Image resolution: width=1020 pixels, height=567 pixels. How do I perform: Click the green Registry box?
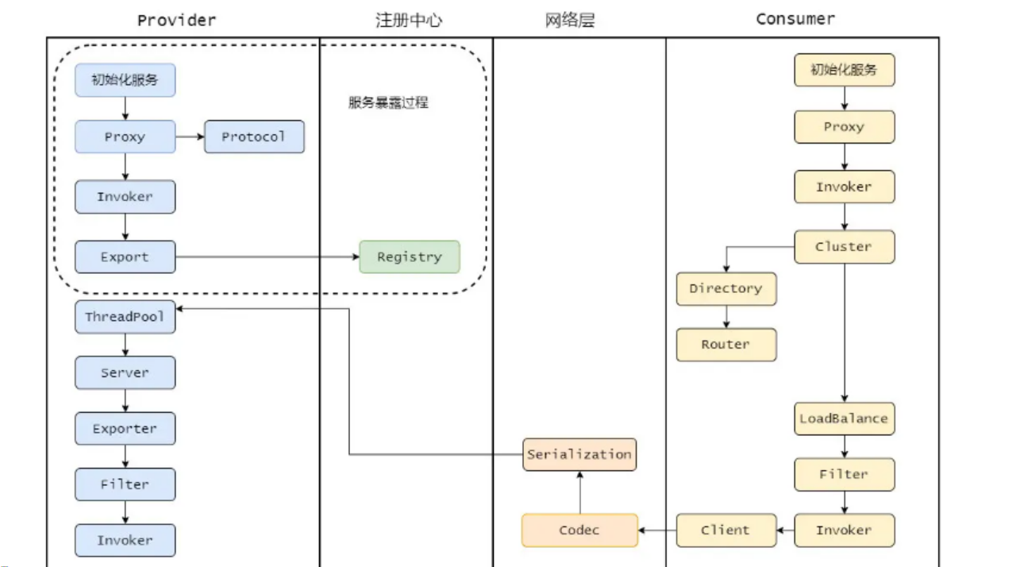coord(409,257)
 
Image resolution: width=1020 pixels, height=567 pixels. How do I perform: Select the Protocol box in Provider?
coord(254,137)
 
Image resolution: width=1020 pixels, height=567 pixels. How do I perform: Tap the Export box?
coord(125,257)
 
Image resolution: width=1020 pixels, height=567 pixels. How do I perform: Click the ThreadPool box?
coord(125,317)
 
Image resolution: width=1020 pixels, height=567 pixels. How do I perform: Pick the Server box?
coord(125,372)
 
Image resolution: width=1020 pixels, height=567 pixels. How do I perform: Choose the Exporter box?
coord(125,429)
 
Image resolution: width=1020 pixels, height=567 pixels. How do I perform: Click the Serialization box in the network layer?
coord(579,454)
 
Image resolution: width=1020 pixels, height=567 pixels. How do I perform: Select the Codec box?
coord(579,530)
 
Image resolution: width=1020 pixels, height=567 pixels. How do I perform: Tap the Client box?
coord(726,530)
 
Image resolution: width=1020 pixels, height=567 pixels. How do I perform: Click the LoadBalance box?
coord(844,418)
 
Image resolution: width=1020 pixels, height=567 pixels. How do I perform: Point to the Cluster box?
coord(844,247)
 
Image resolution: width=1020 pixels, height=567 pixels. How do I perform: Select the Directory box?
coord(726,289)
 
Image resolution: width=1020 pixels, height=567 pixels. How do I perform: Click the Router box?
coord(726,345)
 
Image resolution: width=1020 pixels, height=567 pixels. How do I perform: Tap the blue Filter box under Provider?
coord(125,484)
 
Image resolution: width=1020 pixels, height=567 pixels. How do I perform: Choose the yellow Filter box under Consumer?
coord(844,474)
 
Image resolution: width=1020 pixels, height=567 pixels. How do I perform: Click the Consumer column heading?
coord(795,19)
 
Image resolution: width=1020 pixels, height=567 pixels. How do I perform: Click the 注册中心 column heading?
coord(409,20)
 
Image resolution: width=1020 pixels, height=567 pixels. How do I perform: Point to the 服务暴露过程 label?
coord(388,102)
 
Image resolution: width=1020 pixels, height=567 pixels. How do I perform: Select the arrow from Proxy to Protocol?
coord(189,137)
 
